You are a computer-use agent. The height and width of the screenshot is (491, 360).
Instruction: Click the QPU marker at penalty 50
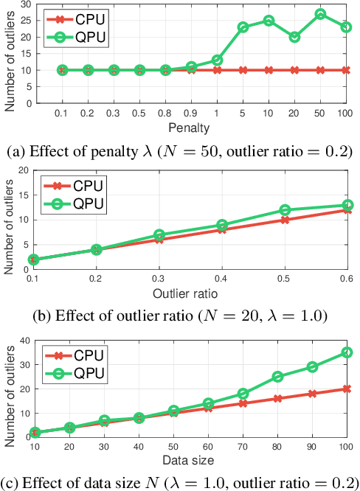(x=320, y=14)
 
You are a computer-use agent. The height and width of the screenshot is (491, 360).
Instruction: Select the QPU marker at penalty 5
(x=243, y=27)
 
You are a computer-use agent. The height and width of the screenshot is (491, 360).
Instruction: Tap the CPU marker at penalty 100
(x=346, y=70)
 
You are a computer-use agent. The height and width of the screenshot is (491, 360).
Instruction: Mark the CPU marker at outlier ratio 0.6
(x=346, y=210)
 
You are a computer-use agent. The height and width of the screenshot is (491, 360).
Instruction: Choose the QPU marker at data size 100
(x=346, y=352)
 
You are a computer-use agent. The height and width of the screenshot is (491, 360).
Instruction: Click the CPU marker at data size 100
(x=346, y=389)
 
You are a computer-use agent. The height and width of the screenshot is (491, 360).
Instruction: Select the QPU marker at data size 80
(x=277, y=377)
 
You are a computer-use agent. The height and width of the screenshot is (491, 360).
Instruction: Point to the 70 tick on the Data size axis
(x=242, y=448)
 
